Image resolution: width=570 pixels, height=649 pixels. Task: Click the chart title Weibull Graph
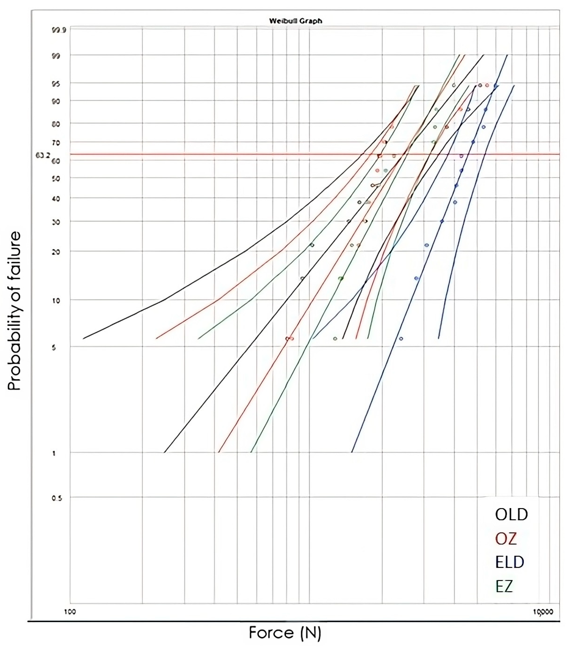(x=295, y=21)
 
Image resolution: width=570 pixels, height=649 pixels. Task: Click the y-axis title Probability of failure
(x=14, y=311)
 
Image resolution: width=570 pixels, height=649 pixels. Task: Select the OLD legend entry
(x=511, y=514)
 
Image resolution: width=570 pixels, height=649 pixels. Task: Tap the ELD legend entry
(x=509, y=562)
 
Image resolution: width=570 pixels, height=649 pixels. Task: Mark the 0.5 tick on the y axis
(x=56, y=498)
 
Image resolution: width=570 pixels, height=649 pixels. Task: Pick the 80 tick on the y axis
(x=56, y=124)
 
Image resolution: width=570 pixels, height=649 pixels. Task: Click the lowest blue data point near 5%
(x=401, y=339)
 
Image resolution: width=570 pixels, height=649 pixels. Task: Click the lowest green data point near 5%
(x=335, y=339)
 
